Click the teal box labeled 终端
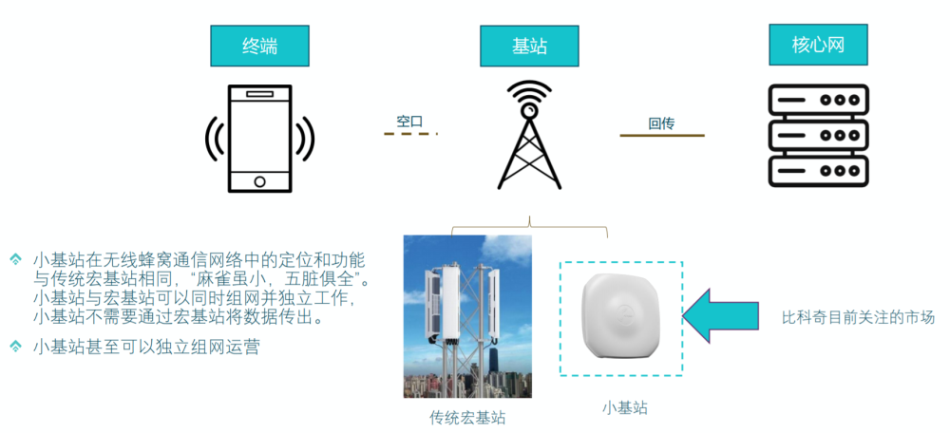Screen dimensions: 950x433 [x=260, y=46]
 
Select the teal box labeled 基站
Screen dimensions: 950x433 [x=529, y=46]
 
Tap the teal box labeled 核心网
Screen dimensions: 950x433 [x=818, y=46]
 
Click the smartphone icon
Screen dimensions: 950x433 [x=260, y=139]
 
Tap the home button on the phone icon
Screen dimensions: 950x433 [x=260, y=181]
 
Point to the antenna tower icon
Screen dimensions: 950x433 [x=529, y=135]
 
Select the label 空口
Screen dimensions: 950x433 [x=409, y=122]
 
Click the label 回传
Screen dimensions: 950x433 [x=661, y=124]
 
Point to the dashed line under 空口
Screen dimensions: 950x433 [x=410, y=133]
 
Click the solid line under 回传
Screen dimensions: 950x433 [x=662, y=135]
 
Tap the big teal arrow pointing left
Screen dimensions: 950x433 [x=720, y=316]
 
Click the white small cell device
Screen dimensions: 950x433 [x=621, y=318]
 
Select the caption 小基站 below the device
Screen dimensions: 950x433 [x=625, y=408]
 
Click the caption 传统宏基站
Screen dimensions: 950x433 [x=467, y=417]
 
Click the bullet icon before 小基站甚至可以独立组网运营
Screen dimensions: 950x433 [x=15, y=346]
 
